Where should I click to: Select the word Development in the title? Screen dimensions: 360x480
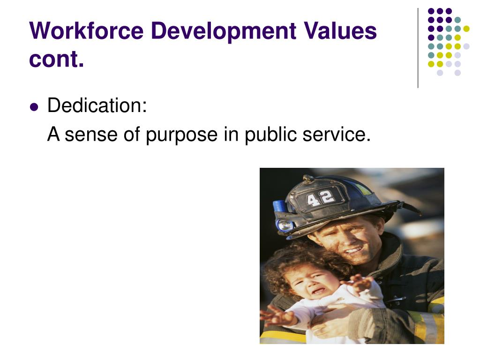(x=223, y=31)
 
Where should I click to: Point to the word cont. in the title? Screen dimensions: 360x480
(x=56, y=59)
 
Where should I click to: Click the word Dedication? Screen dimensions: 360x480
(x=97, y=105)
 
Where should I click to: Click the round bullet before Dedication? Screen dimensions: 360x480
(x=33, y=106)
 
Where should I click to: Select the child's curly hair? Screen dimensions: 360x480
(x=291, y=261)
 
